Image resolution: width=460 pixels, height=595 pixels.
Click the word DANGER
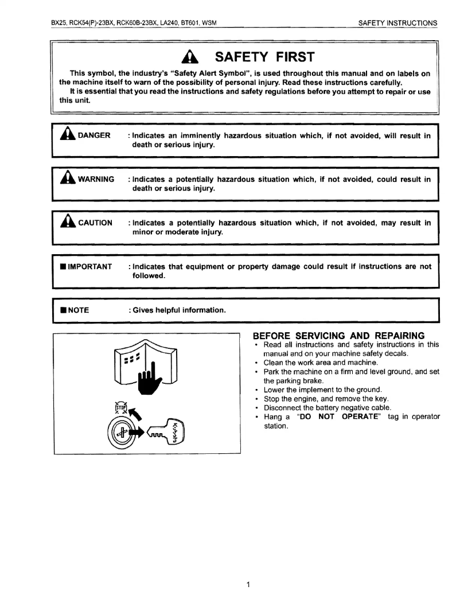tap(94, 135)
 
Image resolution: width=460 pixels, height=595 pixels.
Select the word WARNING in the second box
tap(96, 180)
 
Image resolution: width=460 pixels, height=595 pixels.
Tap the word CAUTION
tap(95, 223)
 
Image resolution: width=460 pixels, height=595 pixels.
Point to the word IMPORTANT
tap(90, 267)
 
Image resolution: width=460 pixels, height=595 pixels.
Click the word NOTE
tap(78, 310)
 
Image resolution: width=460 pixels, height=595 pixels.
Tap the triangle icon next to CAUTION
tap(65, 223)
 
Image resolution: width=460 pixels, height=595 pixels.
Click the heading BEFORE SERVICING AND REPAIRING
tap(338, 336)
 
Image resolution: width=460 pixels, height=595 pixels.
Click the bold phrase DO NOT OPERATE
tap(334, 417)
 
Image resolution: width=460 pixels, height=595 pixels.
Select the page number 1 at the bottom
tap(248, 585)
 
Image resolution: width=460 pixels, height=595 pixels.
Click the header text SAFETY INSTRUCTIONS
tap(397, 23)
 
